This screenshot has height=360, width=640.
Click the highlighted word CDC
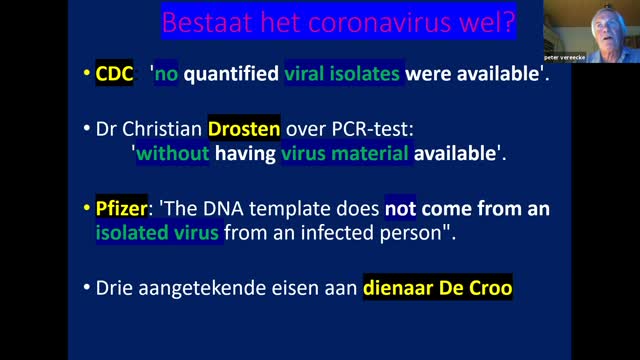115,73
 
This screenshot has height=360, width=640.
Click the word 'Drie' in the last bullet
117,289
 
